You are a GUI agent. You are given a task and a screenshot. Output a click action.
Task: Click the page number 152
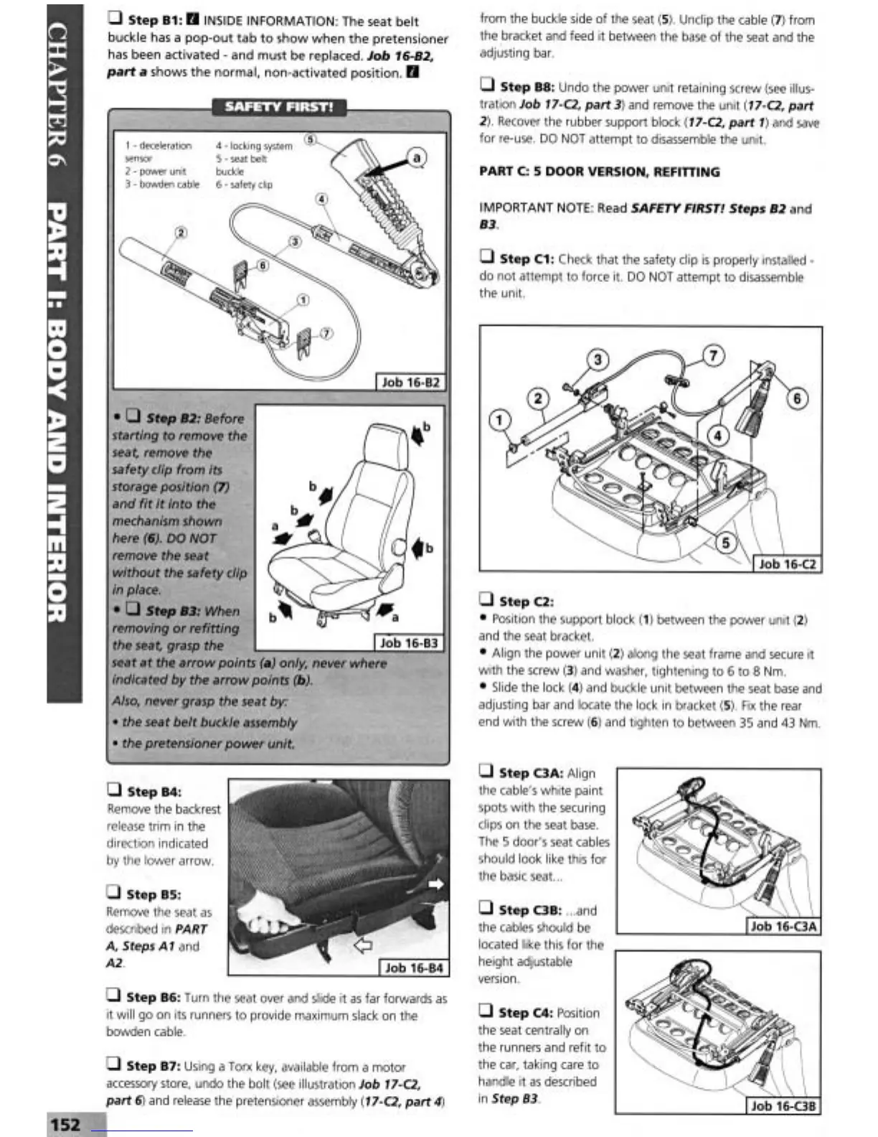65,1123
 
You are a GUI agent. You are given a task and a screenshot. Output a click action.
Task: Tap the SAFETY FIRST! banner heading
278,107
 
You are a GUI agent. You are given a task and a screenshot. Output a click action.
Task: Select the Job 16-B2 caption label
410,382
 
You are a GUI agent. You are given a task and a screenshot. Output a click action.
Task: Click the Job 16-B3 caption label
408,642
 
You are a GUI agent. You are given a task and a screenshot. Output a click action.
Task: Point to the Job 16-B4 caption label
414,968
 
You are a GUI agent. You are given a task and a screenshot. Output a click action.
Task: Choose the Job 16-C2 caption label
787,563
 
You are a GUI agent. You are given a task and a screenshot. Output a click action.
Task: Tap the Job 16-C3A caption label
783,926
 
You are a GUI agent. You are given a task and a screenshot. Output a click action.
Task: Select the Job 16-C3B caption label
783,1106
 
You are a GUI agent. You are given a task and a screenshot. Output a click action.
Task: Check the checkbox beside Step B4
114,790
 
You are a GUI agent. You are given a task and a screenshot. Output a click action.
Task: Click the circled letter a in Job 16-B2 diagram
416,157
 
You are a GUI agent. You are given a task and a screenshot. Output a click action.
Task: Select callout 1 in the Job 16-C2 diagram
500,419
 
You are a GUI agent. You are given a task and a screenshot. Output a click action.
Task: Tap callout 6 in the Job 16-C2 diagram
797,398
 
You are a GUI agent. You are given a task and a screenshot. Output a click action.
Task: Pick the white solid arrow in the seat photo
435,884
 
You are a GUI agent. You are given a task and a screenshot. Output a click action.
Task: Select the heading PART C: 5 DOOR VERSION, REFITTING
599,172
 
